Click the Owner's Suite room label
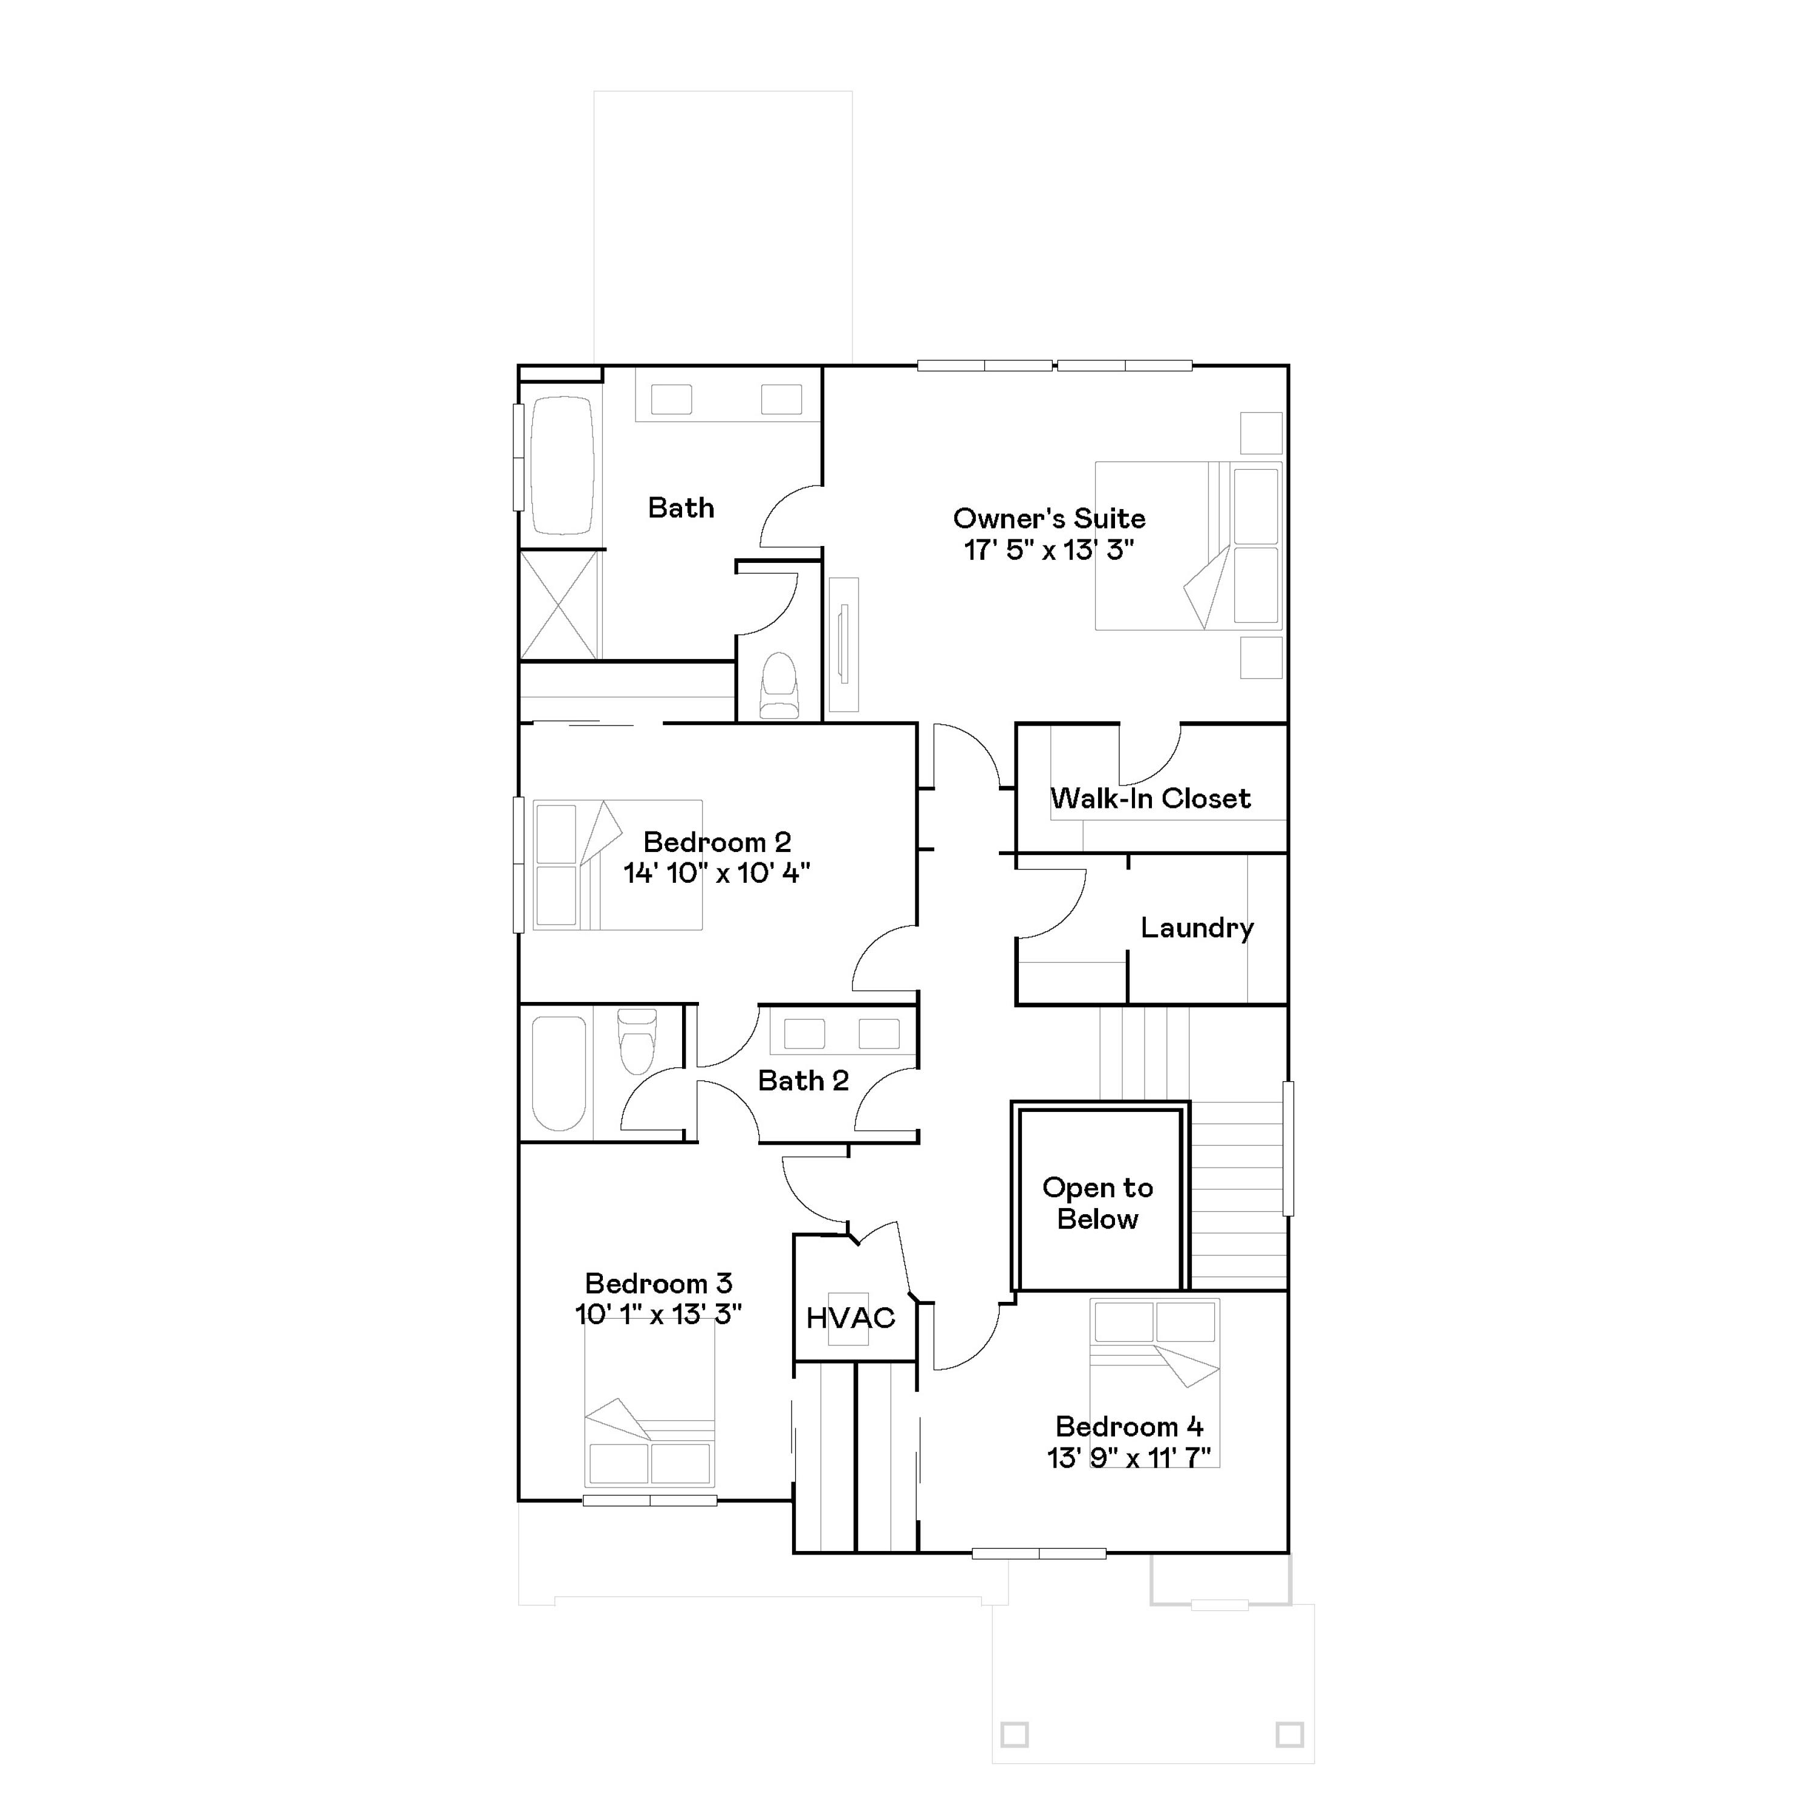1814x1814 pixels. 1048,518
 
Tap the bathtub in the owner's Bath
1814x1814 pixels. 562,466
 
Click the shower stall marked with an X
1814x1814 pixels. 559,605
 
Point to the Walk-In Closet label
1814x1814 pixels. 1150,798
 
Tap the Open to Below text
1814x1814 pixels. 1097,1203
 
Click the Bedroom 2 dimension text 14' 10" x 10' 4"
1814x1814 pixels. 717,873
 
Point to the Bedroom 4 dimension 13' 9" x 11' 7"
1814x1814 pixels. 1128,1457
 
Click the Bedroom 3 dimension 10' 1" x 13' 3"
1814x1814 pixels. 658,1313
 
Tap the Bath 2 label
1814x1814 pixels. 803,1081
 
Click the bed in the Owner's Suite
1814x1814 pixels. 1188,545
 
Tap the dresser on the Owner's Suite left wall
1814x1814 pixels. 843,644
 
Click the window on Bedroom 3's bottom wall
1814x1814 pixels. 650,1500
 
